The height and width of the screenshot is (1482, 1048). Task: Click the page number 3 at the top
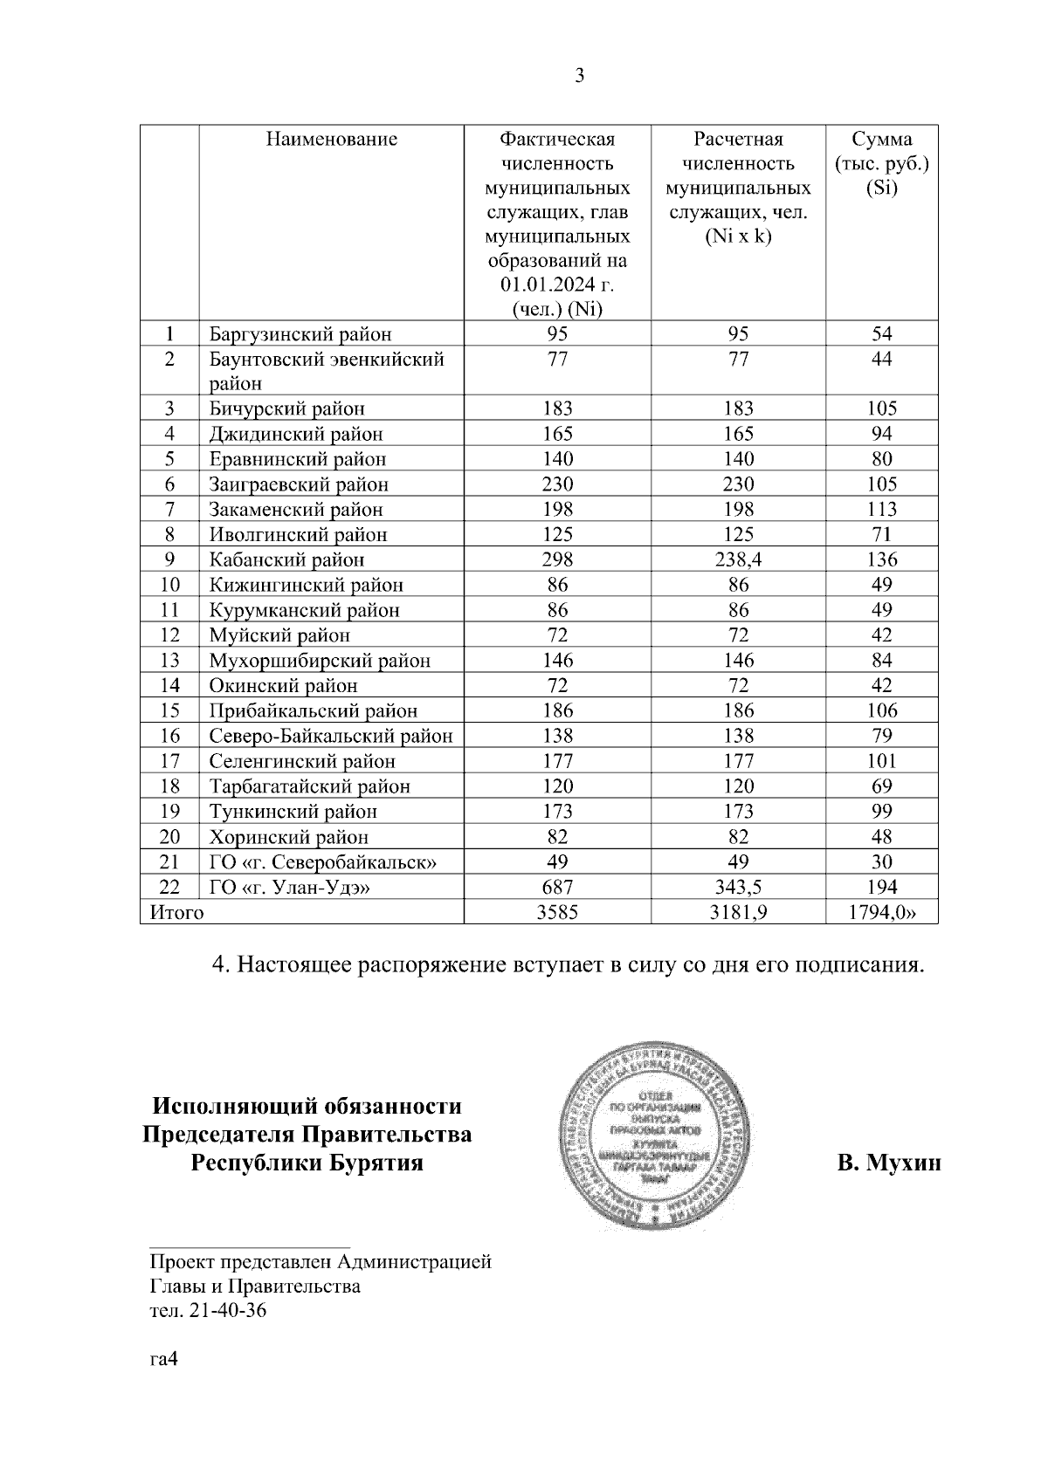579,76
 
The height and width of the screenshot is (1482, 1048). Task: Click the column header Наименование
331,139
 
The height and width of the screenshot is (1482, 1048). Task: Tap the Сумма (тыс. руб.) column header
881,163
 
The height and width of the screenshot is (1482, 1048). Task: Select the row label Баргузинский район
300,334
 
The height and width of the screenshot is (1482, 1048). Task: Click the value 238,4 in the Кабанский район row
738,560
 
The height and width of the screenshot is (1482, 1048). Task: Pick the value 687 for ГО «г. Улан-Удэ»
557,888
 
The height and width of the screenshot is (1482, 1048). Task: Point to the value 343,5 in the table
738,888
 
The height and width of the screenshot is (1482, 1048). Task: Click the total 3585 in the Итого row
557,913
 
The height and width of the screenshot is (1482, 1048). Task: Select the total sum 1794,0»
882,913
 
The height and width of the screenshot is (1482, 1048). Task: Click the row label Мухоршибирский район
319,661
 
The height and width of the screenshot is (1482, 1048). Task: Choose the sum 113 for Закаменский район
882,510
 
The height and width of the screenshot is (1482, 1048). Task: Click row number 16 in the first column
169,737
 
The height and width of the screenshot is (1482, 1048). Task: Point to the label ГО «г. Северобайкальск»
322,862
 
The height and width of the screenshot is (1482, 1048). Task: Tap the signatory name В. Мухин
888,1163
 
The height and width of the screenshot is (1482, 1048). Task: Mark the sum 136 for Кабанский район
882,560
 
